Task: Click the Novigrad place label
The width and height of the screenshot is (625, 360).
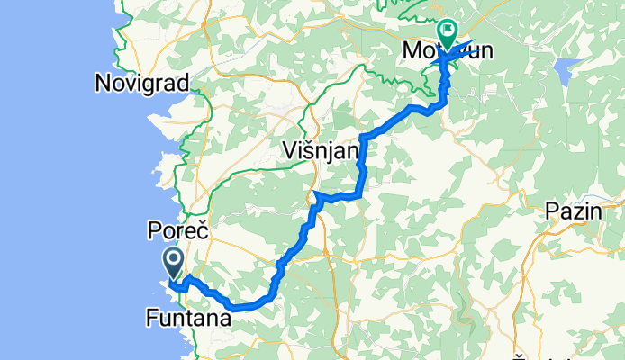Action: [142, 84]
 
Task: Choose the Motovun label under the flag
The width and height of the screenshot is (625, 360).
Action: [448, 52]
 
